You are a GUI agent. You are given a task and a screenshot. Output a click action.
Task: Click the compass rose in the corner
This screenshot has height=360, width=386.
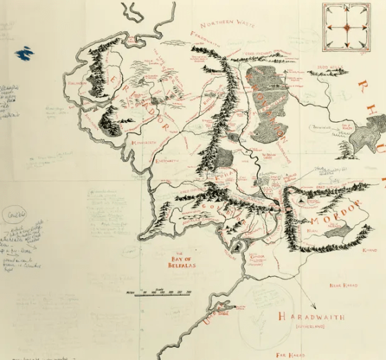pos(347,27)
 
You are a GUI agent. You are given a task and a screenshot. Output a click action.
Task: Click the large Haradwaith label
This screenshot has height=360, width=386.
pos(310,316)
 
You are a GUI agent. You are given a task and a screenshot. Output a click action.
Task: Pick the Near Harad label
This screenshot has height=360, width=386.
pos(343,285)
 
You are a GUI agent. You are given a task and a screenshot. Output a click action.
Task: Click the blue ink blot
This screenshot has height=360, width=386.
pos(24,52)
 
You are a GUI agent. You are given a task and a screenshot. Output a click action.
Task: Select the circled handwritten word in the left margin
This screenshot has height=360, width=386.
pos(15,214)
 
